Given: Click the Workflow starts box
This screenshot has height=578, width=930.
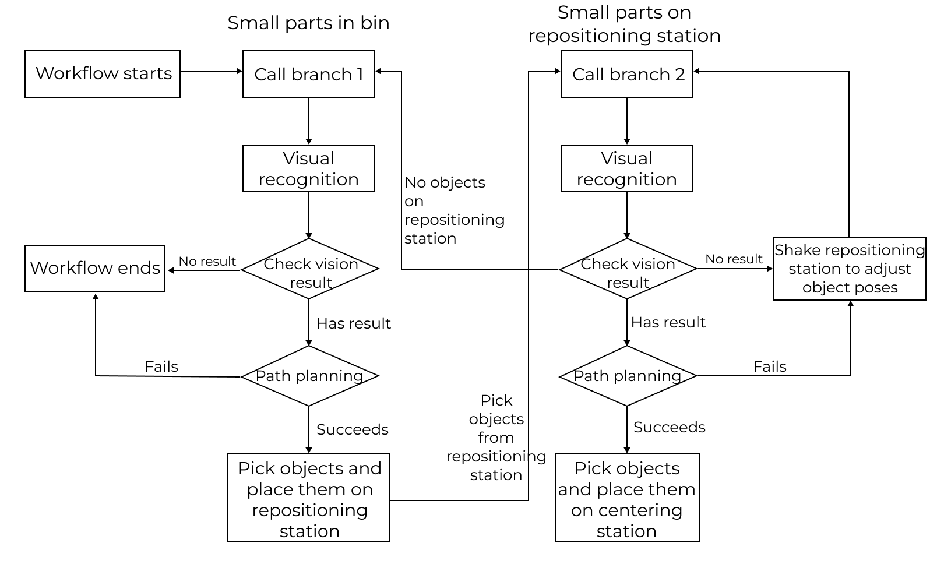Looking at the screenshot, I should pyautogui.click(x=103, y=74).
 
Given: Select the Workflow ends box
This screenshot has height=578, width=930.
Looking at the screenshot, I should pyautogui.click(x=95, y=269).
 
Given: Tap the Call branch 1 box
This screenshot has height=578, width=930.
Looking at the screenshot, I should pyautogui.click(x=309, y=74).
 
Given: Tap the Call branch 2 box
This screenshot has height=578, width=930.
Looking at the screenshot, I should pyautogui.click(x=627, y=74).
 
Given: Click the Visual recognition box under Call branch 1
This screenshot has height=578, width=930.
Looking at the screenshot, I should pyautogui.click(x=309, y=168).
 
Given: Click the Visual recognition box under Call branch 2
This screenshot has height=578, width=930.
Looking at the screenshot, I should pyautogui.click(x=627, y=168).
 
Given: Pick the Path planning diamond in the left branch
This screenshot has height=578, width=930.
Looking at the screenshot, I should pyautogui.click(x=309, y=376).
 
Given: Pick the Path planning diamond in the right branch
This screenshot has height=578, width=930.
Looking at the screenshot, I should pyautogui.click(x=628, y=376).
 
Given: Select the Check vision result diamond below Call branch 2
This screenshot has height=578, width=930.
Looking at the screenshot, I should pyautogui.click(x=628, y=269).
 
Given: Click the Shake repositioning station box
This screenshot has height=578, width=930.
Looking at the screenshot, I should pyautogui.click(x=850, y=269).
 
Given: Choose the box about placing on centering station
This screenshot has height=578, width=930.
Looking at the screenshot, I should pyautogui.click(x=627, y=498).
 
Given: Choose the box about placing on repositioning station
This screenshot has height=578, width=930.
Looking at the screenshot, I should pyautogui.click(x=309, y=498).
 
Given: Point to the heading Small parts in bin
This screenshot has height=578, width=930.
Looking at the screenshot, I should pyautogui.click(x=308, y=23).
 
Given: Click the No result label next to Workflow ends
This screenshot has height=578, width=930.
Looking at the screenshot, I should pyautogui.click(x=207, y=262).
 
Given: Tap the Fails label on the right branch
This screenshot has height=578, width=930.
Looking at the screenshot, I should pyautogui.click(x=769, y=366).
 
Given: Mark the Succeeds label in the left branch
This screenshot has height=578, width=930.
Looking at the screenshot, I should pyautogui.click(x=352, y=429).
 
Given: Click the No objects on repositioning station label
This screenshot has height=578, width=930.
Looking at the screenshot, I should pyautogui.click(x=453, y=210).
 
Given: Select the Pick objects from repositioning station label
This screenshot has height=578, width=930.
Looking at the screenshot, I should pyautogui.click(x=496, y=438).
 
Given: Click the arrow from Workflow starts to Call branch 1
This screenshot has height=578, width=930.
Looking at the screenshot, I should pyautogui.click(x=211, y=71).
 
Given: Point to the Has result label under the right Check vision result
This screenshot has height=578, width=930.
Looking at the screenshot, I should pyautogui.click(x=668, y=322).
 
